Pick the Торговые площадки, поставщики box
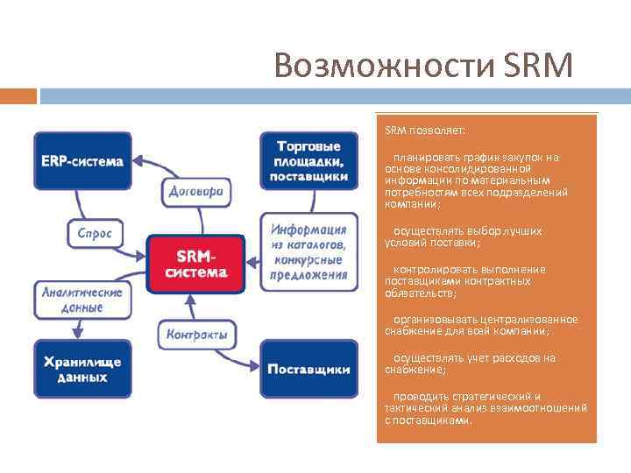[308, 160]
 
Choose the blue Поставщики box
[308, 369]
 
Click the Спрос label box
[95, 234]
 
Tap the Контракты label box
[195, 334]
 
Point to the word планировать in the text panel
[419, 158]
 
